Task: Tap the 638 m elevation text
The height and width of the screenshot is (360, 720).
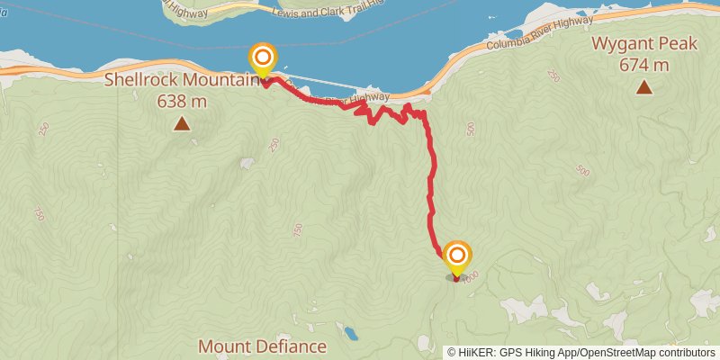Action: point(182,102)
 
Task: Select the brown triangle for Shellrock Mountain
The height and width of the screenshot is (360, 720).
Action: point(182,124)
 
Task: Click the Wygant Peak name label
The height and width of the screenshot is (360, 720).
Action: point(643,43)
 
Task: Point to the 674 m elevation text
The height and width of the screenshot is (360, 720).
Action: point(643,65)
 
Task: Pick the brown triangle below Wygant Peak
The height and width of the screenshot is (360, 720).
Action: point(643,87)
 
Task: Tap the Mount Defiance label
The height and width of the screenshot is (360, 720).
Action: point(262,346)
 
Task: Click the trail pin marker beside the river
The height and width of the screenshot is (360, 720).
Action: point(263,61)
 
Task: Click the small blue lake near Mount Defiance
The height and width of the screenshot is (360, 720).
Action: point(350,335)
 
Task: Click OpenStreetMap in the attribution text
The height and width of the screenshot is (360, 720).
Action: point(617,352)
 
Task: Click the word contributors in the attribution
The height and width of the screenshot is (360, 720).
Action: point(685,352)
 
